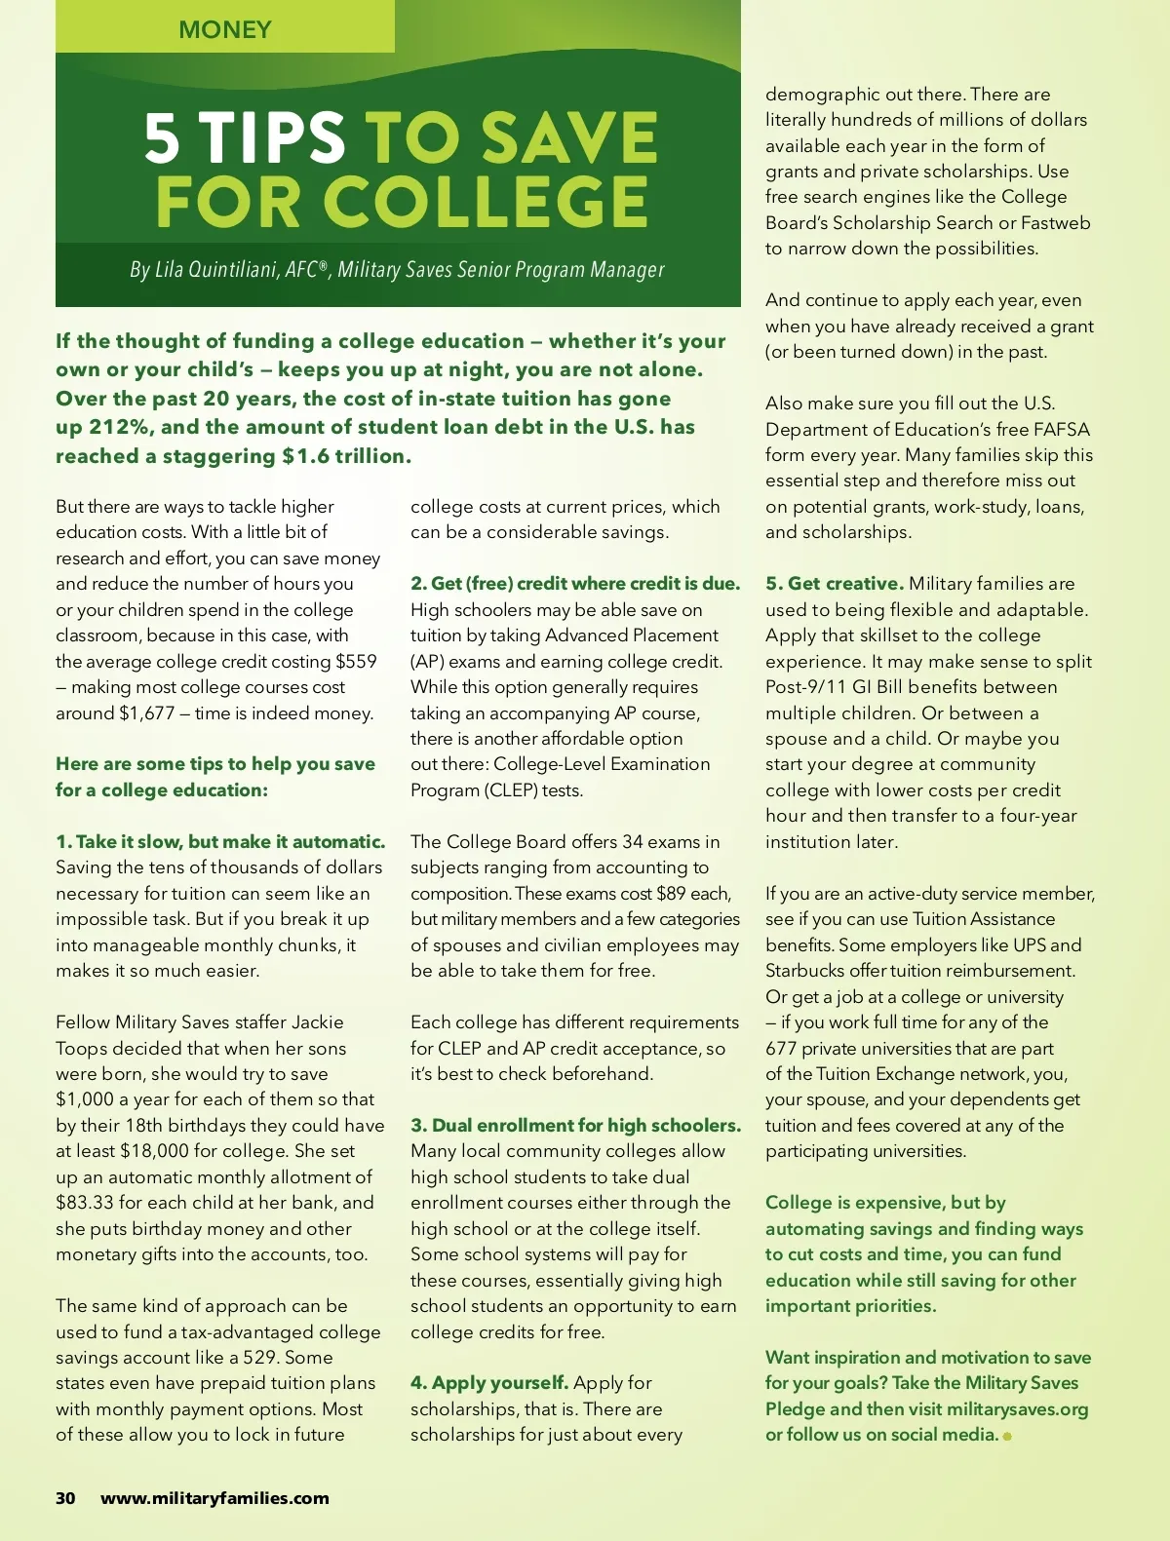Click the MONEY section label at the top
tap(225, 29)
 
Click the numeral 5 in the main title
tap(163, 137)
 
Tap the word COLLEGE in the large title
tap(485, 202)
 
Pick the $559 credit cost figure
tap(356, 661)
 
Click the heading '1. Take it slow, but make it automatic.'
tap(220, 841)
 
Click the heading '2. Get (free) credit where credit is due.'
tap(575, 583)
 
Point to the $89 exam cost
tap(671, 893)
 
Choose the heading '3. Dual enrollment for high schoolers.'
tap(575, 1125)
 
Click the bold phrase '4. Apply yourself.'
tap(489, 1382)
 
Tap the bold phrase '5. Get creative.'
tap(835, 583)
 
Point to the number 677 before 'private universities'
tap(781, 1048)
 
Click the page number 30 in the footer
tap(65, 1498)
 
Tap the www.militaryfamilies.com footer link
tap(214, 1498)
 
